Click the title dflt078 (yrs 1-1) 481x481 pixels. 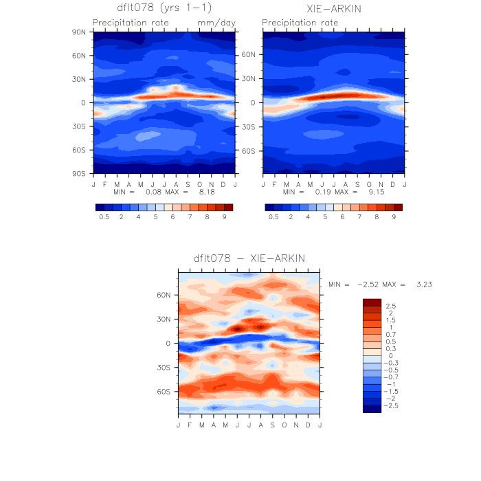[164, 9]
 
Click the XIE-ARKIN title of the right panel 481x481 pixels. [334, 9]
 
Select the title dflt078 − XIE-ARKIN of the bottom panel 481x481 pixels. [249, 258]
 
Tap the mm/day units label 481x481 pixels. [216, 23]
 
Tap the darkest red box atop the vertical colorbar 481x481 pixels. [372, 302]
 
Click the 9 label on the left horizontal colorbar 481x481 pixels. [224, 216]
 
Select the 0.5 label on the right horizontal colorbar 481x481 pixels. [273, 216]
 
